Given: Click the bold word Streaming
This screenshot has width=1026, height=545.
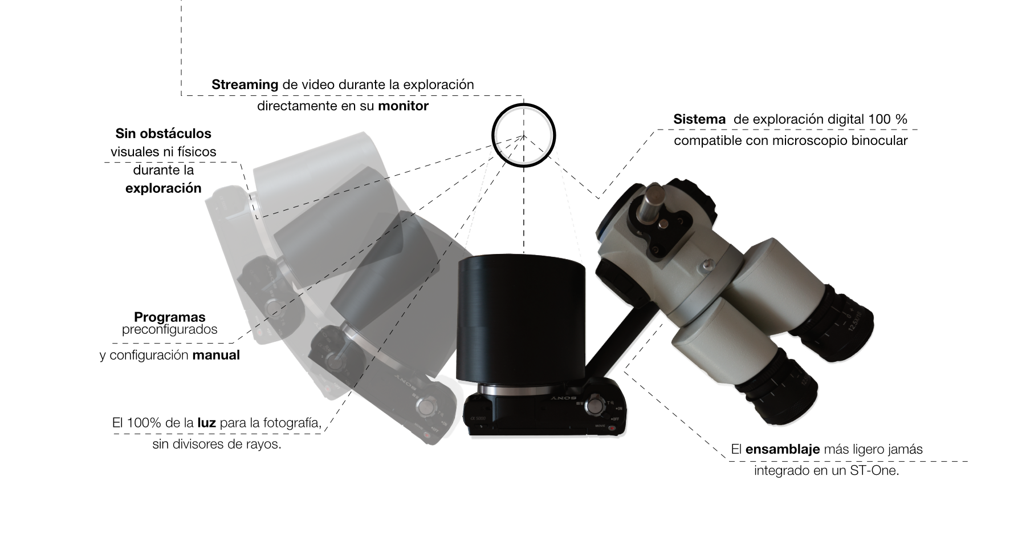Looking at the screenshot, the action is click(x=245, y=84).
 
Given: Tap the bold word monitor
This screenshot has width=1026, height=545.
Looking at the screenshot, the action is click(x=403, y=106).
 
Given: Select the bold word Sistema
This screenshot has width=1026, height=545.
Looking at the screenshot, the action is click(x=699, y=119).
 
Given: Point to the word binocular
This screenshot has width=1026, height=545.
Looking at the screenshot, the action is click(x=878, y=140).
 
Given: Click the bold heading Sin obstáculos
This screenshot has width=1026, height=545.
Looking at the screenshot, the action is click(x=163, y=134).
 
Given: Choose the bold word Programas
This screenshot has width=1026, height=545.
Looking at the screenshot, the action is click(x=169, y=317).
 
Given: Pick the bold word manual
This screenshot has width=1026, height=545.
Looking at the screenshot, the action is click(x=216, y=355).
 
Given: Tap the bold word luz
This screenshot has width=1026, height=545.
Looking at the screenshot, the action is click(x=206, y=423).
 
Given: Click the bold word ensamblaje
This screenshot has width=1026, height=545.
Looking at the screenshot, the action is click(x=783, y=449).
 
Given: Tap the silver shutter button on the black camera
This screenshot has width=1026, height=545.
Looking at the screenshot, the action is click(x=595, y=405).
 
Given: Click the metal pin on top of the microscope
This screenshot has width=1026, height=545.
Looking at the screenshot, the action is click(x=653, y=204).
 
